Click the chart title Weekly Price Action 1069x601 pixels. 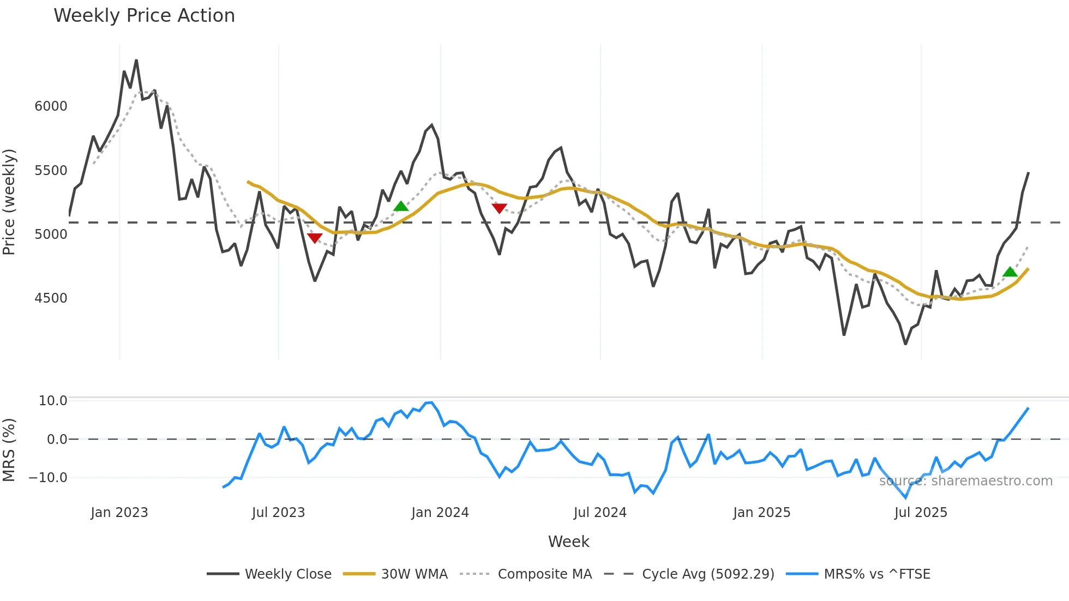[144, 16]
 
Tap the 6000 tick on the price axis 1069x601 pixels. [51, 106]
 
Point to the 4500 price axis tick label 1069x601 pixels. [51, 298]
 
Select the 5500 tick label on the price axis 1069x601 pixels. [51, 171]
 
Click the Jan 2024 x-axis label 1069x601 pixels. [440, 513]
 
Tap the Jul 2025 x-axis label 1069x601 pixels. [921, 513]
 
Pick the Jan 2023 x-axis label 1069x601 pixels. [119, 513]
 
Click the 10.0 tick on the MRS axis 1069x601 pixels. [53, 401]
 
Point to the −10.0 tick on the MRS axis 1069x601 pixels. [48, 478]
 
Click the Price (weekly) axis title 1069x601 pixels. [9, 202]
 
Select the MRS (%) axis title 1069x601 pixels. [9, 450]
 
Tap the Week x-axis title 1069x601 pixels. [568, 542]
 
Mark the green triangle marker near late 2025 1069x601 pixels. [1010, 272]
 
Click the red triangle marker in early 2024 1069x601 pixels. [499, 208]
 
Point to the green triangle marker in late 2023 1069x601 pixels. [401, 206]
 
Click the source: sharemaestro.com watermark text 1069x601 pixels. [965, 481]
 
